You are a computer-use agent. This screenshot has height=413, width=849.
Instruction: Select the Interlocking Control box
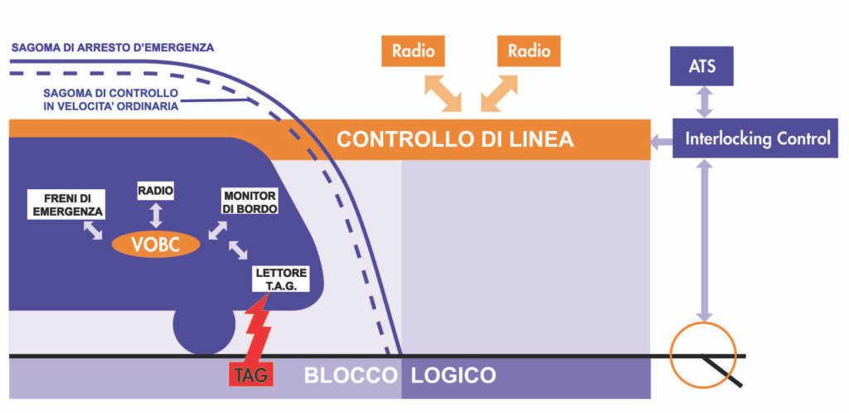[x=757, y=138]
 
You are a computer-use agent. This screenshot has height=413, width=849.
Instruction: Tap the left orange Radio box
[x=414, y=51]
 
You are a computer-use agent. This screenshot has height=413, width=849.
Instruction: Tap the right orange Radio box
[x=529, y=51]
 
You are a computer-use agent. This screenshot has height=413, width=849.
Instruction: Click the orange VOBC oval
[x=157, y=244]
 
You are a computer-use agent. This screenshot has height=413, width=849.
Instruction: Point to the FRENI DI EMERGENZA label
[x=65, y=205]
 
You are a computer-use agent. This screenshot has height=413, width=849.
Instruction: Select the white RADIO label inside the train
[x=156, y=192]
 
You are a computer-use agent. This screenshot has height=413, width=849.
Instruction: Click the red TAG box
[x=250, y=374]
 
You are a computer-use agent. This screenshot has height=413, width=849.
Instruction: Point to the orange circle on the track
[x=703, y=349]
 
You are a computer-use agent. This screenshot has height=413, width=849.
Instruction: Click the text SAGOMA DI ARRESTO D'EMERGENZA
[x=113, y=47]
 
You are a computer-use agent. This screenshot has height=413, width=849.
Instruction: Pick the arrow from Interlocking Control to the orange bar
[x=662, y=141]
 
